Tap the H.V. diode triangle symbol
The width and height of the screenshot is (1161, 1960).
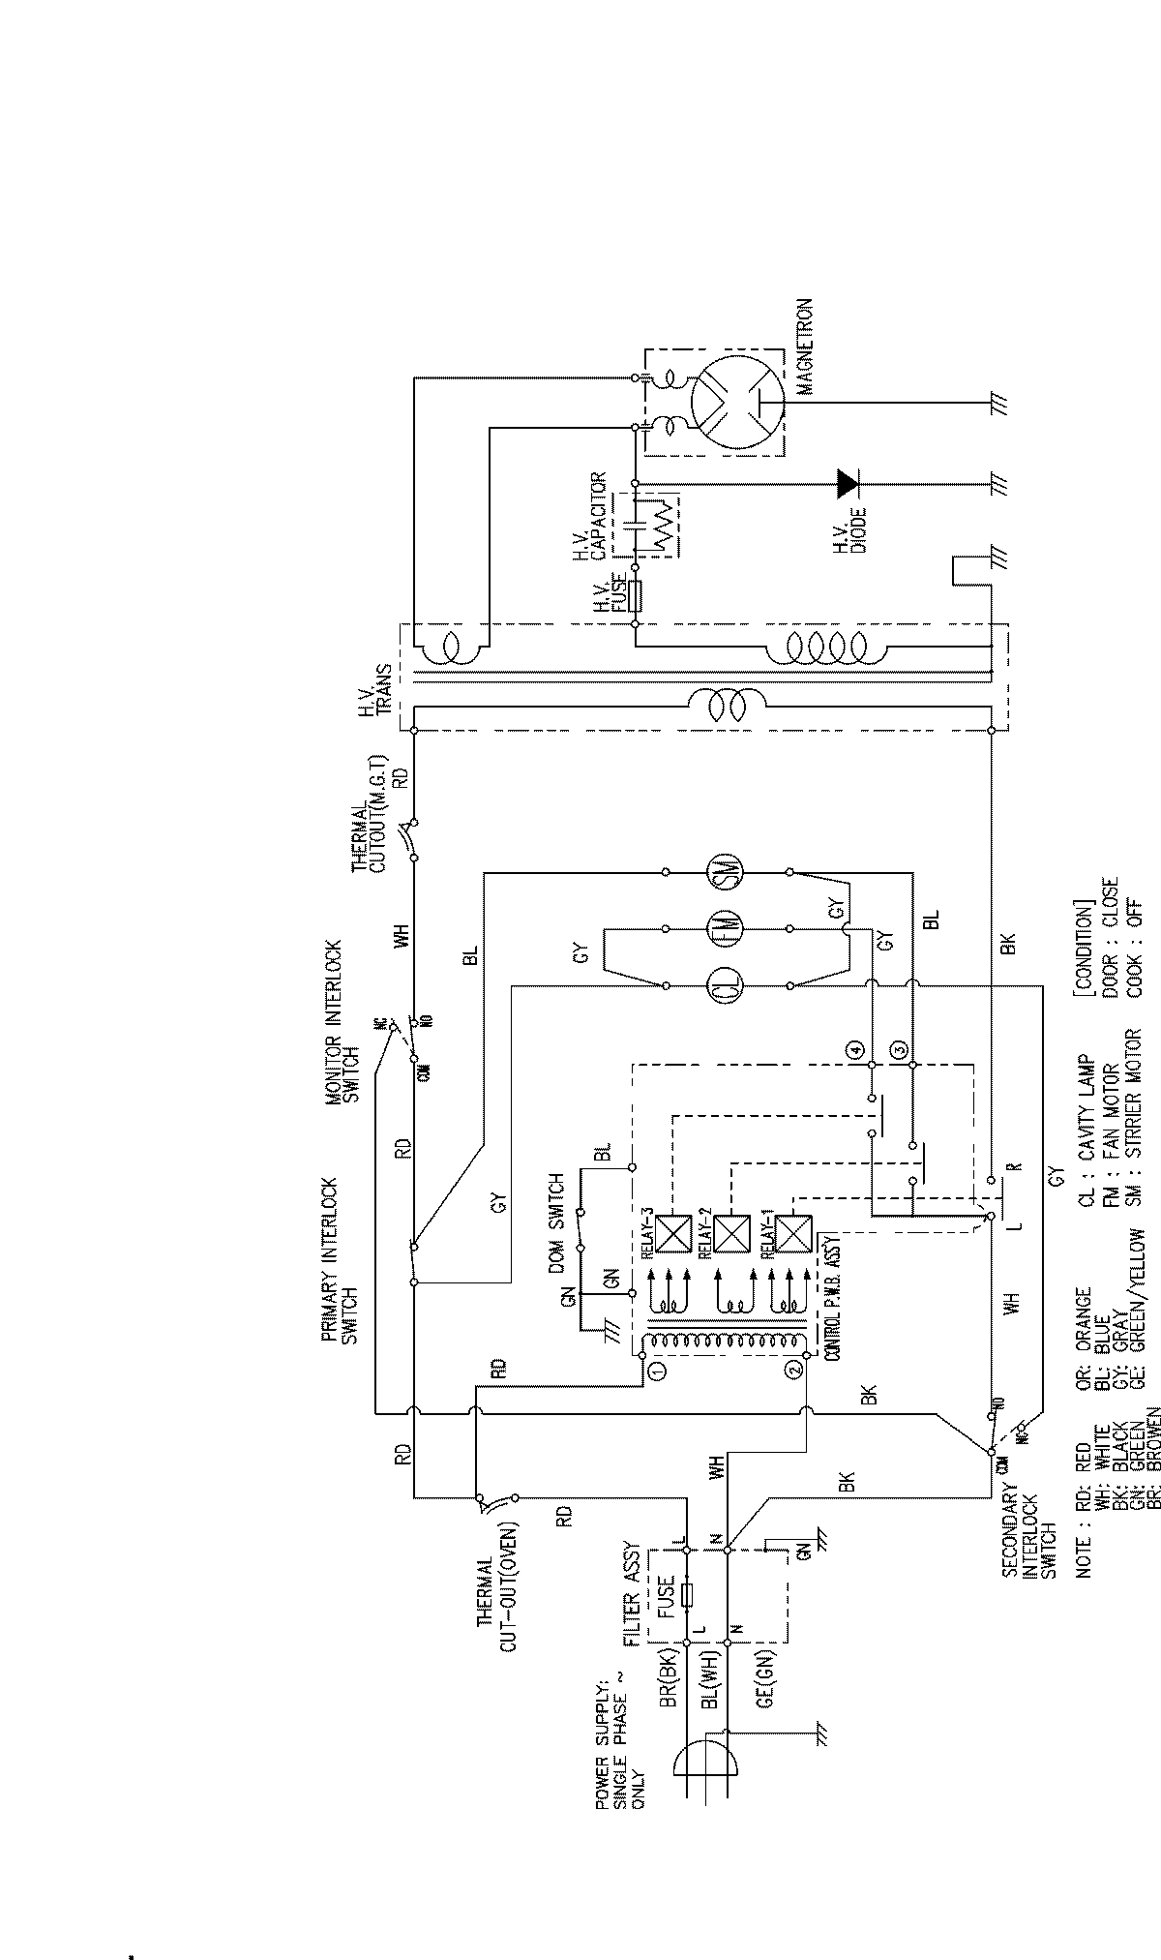point(848,481)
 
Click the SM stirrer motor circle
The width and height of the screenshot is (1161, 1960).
point(726,874)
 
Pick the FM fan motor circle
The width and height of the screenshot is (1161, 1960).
point(726,929)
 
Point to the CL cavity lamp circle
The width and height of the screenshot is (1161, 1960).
point(726,985)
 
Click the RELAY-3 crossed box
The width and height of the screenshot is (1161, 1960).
point(670,1234)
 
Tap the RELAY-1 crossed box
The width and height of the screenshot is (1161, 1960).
point(792,1234)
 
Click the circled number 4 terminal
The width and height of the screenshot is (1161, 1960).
point(854,1049)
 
